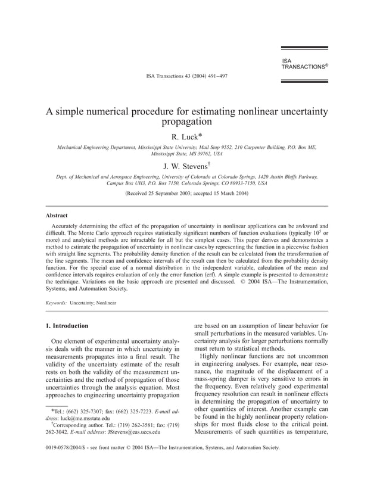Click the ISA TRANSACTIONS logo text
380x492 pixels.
[x=304, y=64]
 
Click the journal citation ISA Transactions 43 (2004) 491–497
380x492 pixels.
[x=186, y=76]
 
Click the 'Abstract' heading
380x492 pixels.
[x=57, y=215]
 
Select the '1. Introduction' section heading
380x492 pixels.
[x=67, y=326]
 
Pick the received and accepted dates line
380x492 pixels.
[x=187, y=194]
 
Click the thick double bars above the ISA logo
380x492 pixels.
[x=304, y=50]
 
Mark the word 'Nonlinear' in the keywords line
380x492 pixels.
[x=104, y=303]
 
